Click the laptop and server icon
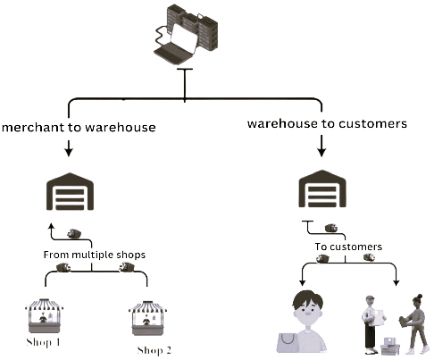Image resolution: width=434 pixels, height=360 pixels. (186, 34)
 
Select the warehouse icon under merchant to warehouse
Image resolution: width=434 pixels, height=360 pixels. (70, 191)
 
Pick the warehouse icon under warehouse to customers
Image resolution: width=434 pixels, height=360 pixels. (322, 188)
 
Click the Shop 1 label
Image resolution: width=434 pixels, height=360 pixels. (44, 342)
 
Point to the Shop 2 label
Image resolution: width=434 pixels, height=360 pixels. (154, 350)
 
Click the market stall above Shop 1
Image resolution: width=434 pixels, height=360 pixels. (45, 315)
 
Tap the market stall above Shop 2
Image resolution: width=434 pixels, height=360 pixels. (147, 318)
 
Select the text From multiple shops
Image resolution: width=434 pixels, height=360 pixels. (95, 255)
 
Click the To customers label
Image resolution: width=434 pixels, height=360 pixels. (348, 247)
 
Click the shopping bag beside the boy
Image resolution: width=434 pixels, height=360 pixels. (287, 343)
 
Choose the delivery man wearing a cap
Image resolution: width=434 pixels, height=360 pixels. (373, 324)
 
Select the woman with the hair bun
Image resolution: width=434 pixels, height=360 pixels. (414, 324)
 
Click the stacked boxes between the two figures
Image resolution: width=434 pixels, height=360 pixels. (390, 347)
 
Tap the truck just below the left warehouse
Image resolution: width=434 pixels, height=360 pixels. (74, 233)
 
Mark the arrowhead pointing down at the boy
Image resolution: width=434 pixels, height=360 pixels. (302, 282)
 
